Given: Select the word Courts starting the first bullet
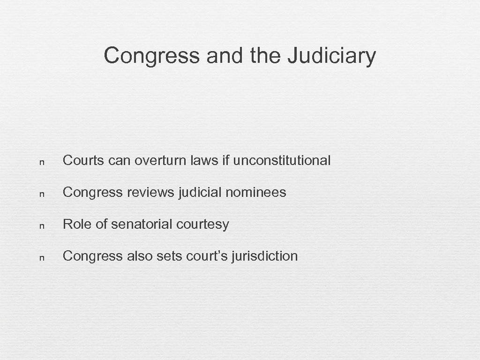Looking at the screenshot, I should pos(83,160).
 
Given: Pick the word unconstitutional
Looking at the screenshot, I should pos(282,160).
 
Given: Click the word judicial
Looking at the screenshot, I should pos(199,192).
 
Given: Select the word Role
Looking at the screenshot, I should pos(77,224).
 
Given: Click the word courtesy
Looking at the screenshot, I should pos(203,225).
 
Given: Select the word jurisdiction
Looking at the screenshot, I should pos(265,256).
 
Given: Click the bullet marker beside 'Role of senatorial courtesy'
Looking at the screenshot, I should pos(42,225).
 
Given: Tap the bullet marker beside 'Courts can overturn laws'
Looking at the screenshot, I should pos(42,161).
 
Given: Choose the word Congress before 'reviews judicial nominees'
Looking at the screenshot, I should pos(93,193).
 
